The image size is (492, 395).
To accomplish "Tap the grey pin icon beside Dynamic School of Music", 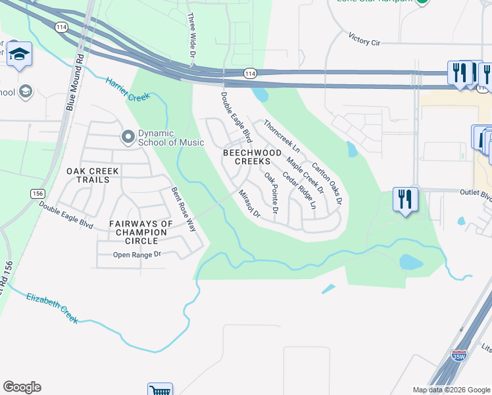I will [128, 137].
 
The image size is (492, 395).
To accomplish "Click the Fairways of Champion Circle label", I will [141, 228].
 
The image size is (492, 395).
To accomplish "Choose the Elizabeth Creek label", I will [52, 308].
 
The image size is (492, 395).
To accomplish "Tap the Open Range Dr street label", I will [136, 254].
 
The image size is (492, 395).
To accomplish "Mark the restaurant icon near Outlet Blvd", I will [405, 199].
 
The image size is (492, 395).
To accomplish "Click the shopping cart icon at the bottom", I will [160, 390].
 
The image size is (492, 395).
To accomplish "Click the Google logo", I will [22, 387].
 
